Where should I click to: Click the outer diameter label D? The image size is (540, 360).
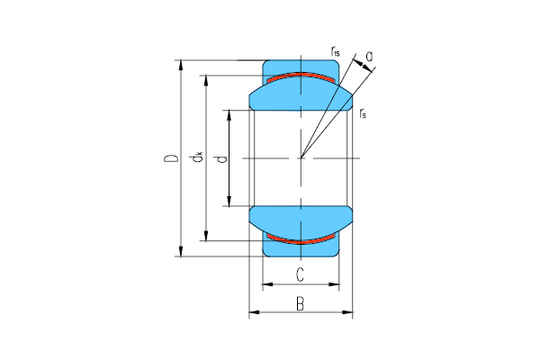(168, 159)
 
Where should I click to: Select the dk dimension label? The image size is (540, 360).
(197, 159)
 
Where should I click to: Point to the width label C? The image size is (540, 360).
(300, 274)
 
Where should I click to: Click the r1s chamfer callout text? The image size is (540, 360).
(336, 53)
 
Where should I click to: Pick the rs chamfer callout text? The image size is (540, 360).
(362, 112)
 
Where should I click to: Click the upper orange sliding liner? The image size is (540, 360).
(301, 76)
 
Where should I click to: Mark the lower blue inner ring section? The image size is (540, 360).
(301, 219)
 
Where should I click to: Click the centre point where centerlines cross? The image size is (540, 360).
(301, 158)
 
